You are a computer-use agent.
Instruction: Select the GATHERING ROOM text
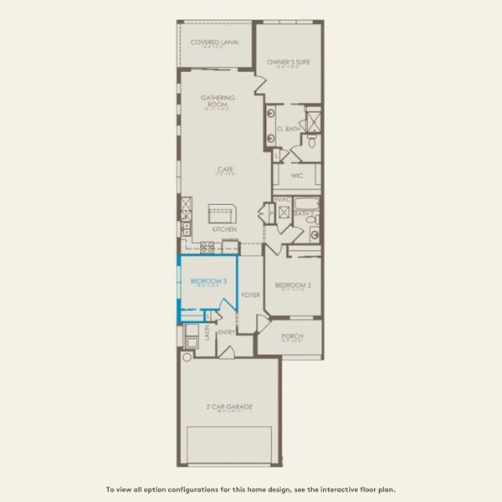coord(218,101)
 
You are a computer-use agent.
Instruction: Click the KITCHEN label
coord(224,229)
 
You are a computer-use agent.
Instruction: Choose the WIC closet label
coord(297,176)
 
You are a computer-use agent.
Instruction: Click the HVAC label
coord(283,199)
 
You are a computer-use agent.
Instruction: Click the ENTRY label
coord(227,332)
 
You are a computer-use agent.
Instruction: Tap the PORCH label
coord(292,336)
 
